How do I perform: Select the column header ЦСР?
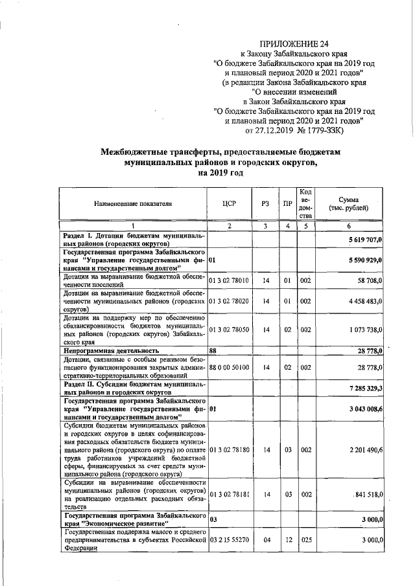click(229, 203)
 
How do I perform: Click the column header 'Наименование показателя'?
click(133, 203)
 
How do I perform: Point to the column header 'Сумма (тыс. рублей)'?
click(354, 203)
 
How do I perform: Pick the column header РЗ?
click(265, 203)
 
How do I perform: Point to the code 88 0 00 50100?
click(229, 366)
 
